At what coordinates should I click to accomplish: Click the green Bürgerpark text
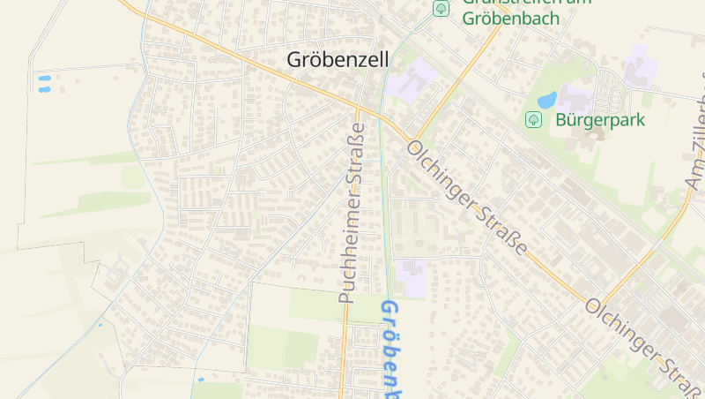tap(602, 120)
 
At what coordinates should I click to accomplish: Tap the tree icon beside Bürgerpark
tap(533, 119)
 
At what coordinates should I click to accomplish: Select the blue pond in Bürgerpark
tap(546, 100)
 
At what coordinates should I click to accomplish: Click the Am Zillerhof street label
tap(696, 132)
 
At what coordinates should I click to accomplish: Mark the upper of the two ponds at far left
tap(44, 79)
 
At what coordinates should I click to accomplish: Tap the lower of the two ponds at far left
tap(44, 89)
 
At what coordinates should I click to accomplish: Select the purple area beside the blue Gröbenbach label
tap(412, 276)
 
